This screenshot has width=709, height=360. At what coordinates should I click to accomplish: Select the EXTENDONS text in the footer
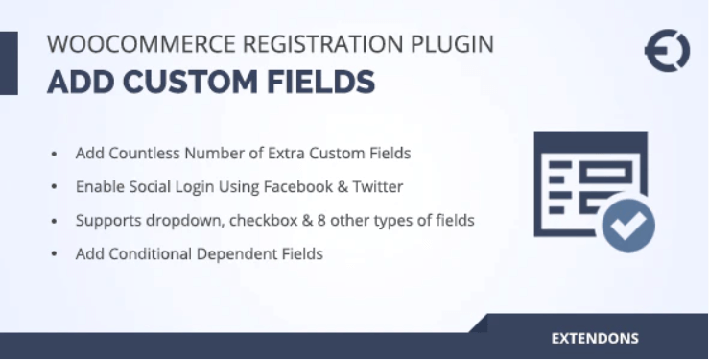pyautogui.click(x=595, y=339)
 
